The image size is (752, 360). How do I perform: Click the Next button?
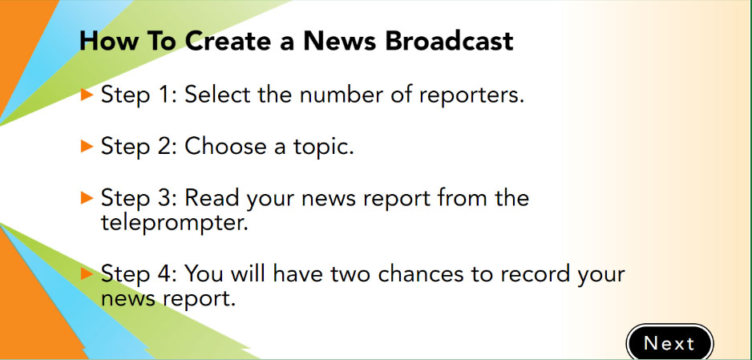tap(669, 342)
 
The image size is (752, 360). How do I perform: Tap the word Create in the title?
tap(228, 41)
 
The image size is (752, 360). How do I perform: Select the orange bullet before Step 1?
tap(87, 95)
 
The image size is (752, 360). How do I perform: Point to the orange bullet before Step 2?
tap(87, 146)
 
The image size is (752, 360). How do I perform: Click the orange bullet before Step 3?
tap(87, 197)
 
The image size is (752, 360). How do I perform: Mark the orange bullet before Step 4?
tap(87, 273)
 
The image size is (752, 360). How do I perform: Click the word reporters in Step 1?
tap(471, 95)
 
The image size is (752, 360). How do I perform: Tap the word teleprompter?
tap(174, 224)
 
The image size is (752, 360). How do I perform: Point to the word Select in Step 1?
tap(218, 95)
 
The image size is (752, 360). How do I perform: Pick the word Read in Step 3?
tap(212, 197)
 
